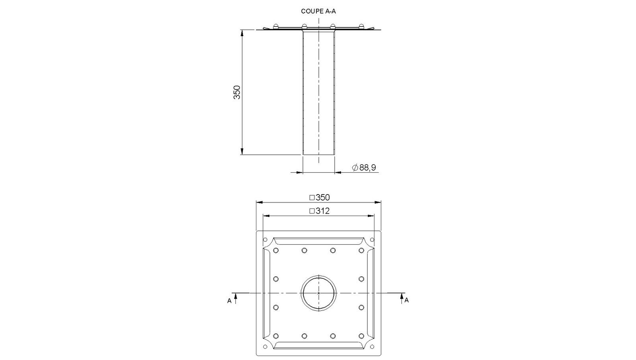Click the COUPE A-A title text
pyautogui.click(x=318, y=11)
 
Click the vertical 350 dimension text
pyautogui.click(x=237, y=92)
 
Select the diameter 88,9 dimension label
pyautogui.click(x=364, y=168)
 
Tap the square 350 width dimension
pyautogui.click(x=320, y=197)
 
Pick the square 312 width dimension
pyautogui.click(x=320, y=211)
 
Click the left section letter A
pyautogui.click(x=229, y=301)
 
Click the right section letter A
pyautogui.click(x=407, y=300)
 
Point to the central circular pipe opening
pyautogui.click(x=318, y=293)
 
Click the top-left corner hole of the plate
pyautogui.click(x=265, y=240)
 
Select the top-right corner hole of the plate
pyautogui.click(x=372, y=240)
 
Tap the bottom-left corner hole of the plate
pyautogui.click(x=265, y=347)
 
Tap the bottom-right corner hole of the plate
pyautogui.click(x=372, y=347)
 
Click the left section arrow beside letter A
pyautogui.click(x=236, y=298)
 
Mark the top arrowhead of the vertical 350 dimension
pyautogui.click(x=242, y=32)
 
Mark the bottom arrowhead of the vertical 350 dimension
pyautogui.click(x=242, y=152)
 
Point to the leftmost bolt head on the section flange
pyautogui.click(x=275, y=27)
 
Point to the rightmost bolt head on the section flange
pyautogui.click(x=361, y=27)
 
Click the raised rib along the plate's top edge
pyautogui.click(x=318, y=241)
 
